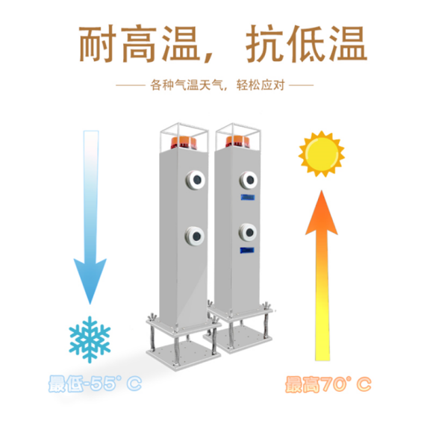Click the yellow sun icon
(322, 154)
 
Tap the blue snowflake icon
(90, 340)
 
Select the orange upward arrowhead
(322, 213)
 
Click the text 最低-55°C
(95, 384)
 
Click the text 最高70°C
(328, 384)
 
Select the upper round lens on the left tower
(196, 180)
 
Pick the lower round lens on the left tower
(195, 235)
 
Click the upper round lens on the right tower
(249, 180)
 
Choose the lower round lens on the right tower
(248, 232)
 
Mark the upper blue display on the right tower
(248, 198)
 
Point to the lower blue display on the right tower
(247, 250)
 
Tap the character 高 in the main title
(140, 43)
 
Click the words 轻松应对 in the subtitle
(261, 85)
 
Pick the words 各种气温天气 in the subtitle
(187, 85)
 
